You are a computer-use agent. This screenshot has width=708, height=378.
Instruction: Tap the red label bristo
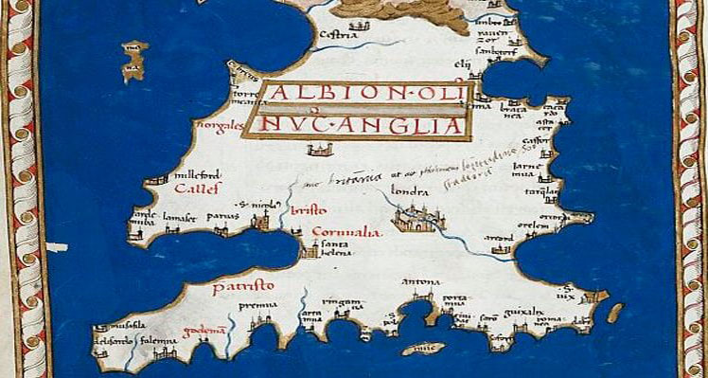(309, 208)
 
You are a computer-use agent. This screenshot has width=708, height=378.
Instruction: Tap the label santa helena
(337, 247)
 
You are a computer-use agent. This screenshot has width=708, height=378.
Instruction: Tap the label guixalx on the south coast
(522, 311)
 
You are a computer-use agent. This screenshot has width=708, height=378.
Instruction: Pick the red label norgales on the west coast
(214, 124)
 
